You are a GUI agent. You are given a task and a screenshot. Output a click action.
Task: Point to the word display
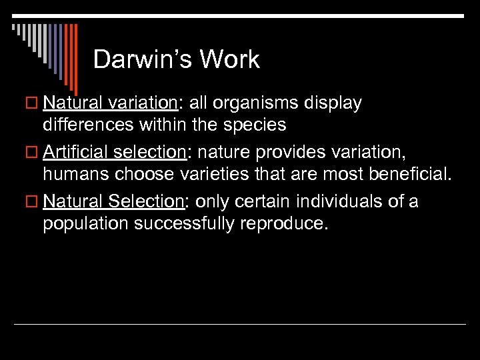pos(333,103)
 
